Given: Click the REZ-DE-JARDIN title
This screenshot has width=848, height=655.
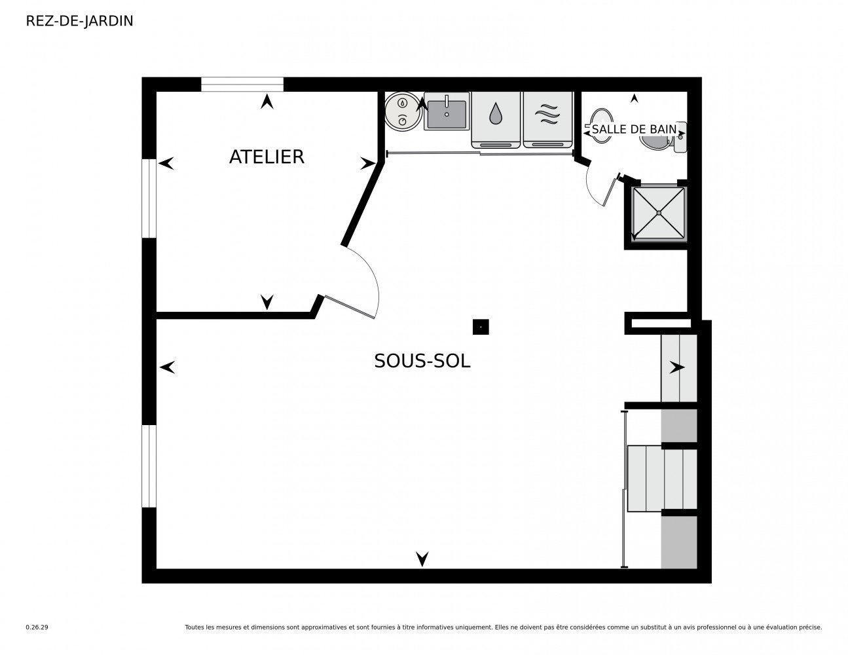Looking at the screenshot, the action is pyautogui.click(x=79, y=21).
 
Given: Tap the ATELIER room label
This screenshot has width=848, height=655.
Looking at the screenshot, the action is pyautogui.click(x=266, y=157).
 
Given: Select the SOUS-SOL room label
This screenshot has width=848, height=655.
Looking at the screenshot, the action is pyautogui.click(x=422, y=361).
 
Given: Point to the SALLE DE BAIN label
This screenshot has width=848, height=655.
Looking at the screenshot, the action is pyautogui.click(x=634, y=129).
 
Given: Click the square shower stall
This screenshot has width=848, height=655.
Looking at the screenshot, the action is pyautogui.click(x=658, y=213).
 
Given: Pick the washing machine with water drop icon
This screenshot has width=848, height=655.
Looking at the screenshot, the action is pyautogui.click(x=495, y=120).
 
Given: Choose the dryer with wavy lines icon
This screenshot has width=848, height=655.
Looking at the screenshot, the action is pyautogui.click(x=547, y=120).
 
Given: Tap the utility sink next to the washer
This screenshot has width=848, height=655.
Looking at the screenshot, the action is pyautogui.click(x=447, y=111).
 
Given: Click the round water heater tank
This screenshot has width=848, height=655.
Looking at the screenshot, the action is pyautogui.click(x=403, y=111).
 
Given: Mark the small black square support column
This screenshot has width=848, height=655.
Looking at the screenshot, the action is pyautogui.click(x=481, y=327).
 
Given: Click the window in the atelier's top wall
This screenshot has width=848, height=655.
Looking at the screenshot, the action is pyautogui.click(x=242, y=84).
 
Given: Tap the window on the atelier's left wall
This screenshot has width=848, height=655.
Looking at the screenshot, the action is pyautogui.click(x=149, y=198).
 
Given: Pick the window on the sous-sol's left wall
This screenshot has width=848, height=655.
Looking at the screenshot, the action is pyautogui.click(x=149, y=466).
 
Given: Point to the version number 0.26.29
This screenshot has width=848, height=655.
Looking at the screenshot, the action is pyautogui.click(x=37, y=627).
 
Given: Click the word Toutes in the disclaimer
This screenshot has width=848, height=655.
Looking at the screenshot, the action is pyautogui.click(x=194, y=627).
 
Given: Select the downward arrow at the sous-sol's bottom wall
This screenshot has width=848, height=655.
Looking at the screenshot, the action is pyautogui.click(x=422, y=559).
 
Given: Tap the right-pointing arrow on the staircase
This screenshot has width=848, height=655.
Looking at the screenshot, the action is pyautogui.click(x=677, y=367).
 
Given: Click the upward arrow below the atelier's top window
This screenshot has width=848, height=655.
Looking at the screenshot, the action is pyautogui.click(x=267, y=102).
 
